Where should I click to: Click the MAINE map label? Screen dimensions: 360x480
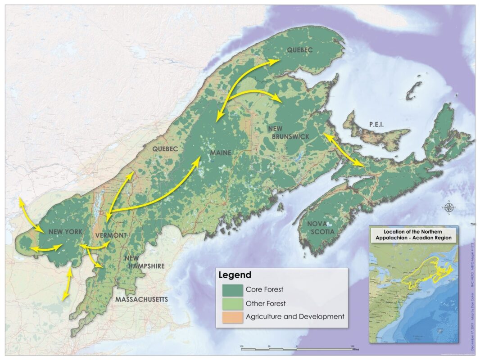coord(220,153)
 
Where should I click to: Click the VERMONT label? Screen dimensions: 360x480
coord(111,235)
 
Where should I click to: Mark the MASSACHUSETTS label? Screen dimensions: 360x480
coord(141,299)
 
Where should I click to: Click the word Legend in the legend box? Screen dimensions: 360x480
coord(235,274)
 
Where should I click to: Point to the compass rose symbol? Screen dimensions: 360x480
coord(448,207)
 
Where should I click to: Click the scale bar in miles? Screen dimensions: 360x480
coord(297,347)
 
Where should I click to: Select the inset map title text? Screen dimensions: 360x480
coord(414,234)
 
